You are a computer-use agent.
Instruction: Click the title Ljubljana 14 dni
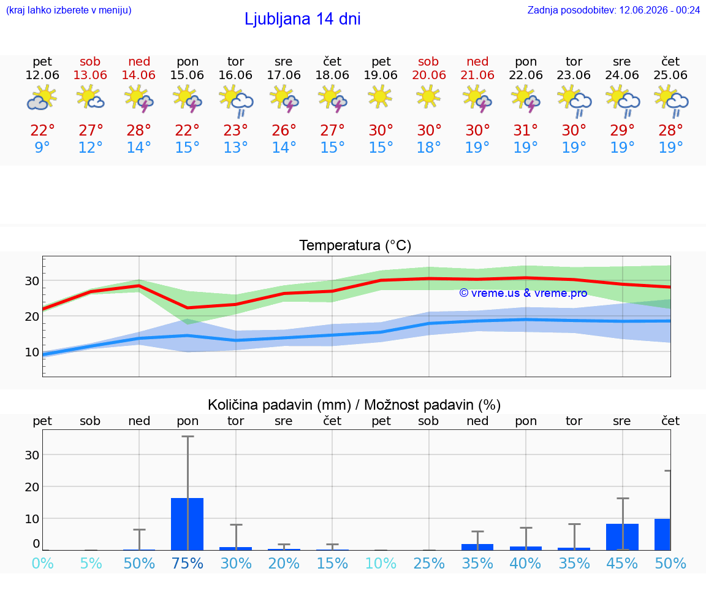pos(303,19)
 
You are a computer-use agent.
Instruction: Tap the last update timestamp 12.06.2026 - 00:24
pos(659,10)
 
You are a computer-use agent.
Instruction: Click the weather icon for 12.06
pos(42,98)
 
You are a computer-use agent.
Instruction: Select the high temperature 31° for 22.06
pos(526,130)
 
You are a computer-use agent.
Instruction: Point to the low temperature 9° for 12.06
pos(42,147)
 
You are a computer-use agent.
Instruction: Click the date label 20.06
pos(428,75)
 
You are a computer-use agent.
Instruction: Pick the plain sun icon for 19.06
pos(381,97)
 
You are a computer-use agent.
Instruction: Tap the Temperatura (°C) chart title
pos(355,245)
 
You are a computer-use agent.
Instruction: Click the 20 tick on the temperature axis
pos(32,316)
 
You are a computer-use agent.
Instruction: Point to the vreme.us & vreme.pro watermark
pos(523,293)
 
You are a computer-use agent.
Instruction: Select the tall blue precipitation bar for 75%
pos(188,524)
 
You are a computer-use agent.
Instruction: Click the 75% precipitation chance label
pos(188,563)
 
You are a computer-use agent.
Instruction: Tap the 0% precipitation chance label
pos(43,563)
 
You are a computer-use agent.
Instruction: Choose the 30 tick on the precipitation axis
pos(32,455)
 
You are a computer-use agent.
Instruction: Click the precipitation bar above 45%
pos(622,537)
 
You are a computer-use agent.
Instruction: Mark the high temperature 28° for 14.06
pos(139,130)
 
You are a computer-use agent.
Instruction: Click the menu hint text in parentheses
pos(69,10)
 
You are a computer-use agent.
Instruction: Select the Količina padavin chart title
pos(354,405)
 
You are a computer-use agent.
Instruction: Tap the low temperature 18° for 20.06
pos(428,147)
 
